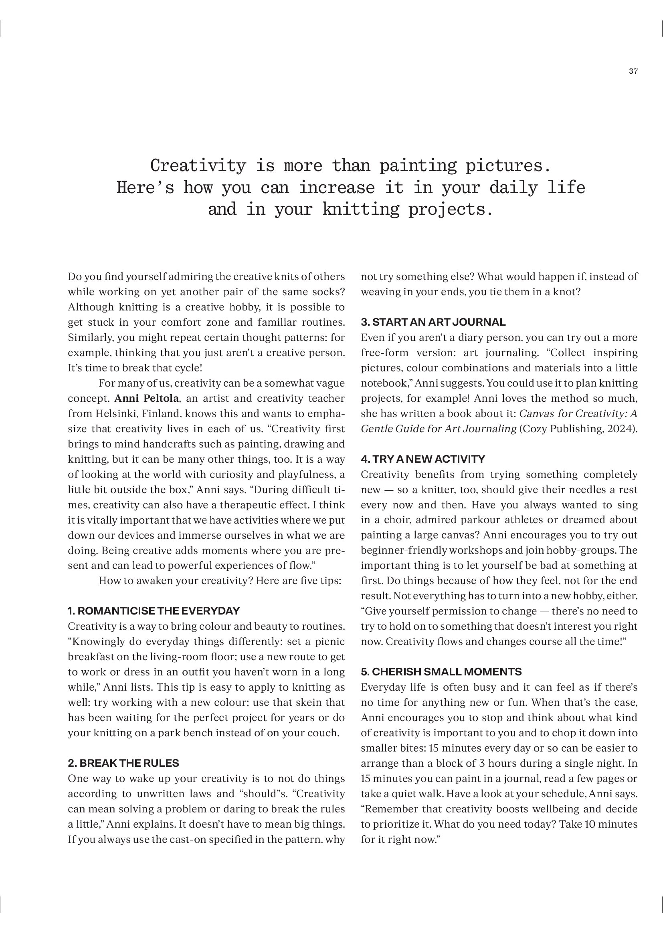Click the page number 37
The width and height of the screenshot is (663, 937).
pyautogui.click(x=633, y=71)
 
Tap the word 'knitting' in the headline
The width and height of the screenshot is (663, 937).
pyautogui.click(x=360, y=210)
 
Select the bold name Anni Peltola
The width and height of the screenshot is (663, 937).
pyautogui.click(x=147, y=398)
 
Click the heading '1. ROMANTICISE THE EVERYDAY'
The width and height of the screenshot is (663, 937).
pyautogui.click(x=154, y=611)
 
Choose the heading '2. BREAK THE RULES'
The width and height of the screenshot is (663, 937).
pyautogui.click(x=123, y=763)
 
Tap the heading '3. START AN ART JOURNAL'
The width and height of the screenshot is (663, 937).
pyautogui.click(x=433, y=322)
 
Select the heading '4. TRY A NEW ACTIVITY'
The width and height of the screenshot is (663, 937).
pyautogui.click(x=423, y=459)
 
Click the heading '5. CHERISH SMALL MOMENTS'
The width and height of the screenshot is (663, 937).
pyautogui.click(x=441, y=672)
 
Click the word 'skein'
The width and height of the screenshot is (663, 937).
pyautogui.click(x=298, y=702)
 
